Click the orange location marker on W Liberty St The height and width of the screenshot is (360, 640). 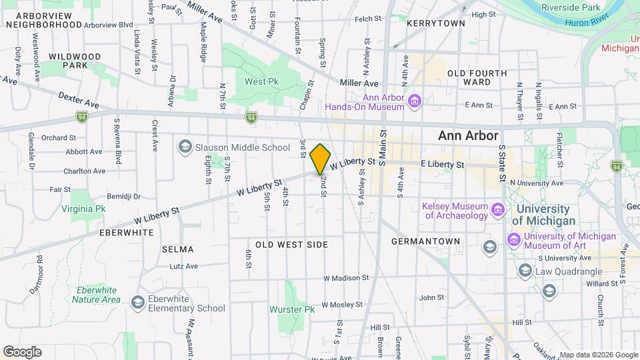pyautogui.click(x=321, y=159)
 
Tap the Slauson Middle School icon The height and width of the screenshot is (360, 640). pyautogui.click(x=185, y=147)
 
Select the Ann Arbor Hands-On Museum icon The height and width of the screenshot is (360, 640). pyautogui.click(x=415, y=101)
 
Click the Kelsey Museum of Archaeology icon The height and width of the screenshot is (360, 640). pyautogui.click(x=497, y=211)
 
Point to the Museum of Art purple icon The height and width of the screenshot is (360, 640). pyautogui.click(x=513, y=239)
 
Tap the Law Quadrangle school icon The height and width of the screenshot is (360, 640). pyautogui.click(x=525, y=270)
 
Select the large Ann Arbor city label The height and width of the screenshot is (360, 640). pyautogui.click(x=468, y=136)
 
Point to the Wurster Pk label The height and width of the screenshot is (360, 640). pyautogui.click(x=291, y=309)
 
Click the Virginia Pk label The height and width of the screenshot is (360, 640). pyautogui.click(x=83, y=209)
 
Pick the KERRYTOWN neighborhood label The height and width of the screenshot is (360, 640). pyautogui.click(x=436, y=23)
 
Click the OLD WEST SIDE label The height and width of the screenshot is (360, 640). pyautogui.click(x=292, y=245)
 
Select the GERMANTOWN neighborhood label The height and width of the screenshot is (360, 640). pyautogui.click(x=425, y=241)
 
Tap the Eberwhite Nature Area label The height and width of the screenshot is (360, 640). pyautogui.click(x=97, y=295)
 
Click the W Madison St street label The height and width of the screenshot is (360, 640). pyautogui.click(x=345, y=278)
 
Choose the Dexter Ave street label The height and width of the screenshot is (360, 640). pyautogui.click(x=79, y=101)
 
